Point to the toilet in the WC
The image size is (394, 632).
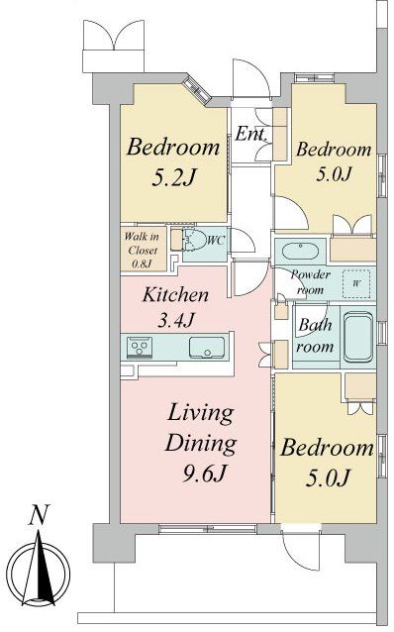tap(193, 241)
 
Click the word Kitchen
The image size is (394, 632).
tap(174, 294)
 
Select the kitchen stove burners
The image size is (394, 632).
tap(139, 347)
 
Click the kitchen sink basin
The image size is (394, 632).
tap(207, 347)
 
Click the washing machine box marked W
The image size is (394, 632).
tap(354, 282)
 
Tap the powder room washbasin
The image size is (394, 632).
tap(298, 250)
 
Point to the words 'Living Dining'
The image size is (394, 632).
tap(199, 427)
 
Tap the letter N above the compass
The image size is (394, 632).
tap(38, 514)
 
